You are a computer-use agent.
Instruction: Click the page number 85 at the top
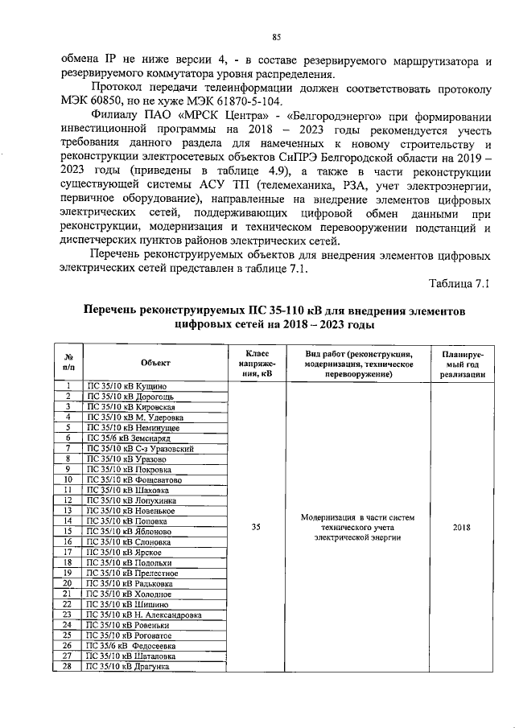point(276,37)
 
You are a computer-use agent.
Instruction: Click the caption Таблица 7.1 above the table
point(459,283)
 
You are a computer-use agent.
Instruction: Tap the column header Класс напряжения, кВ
point(255,364)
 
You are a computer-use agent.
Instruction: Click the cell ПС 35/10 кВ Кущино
point(127,387)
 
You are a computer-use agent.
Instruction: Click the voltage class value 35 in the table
point(255,528)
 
